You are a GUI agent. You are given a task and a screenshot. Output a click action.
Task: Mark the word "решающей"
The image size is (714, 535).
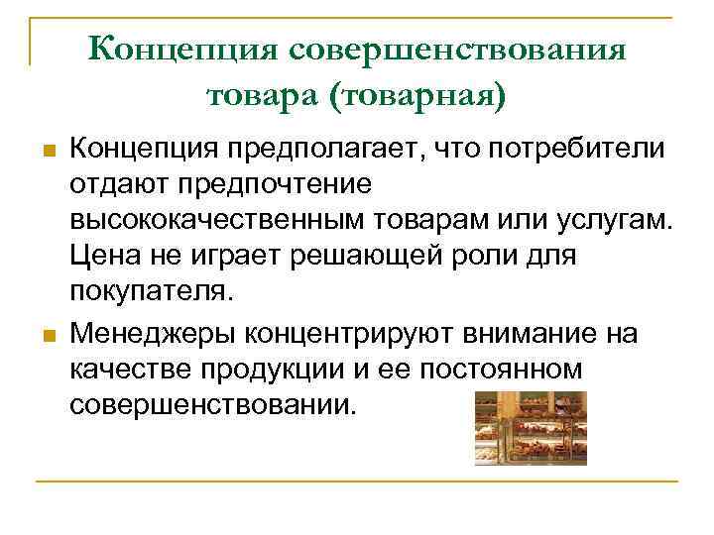coord(363,258)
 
